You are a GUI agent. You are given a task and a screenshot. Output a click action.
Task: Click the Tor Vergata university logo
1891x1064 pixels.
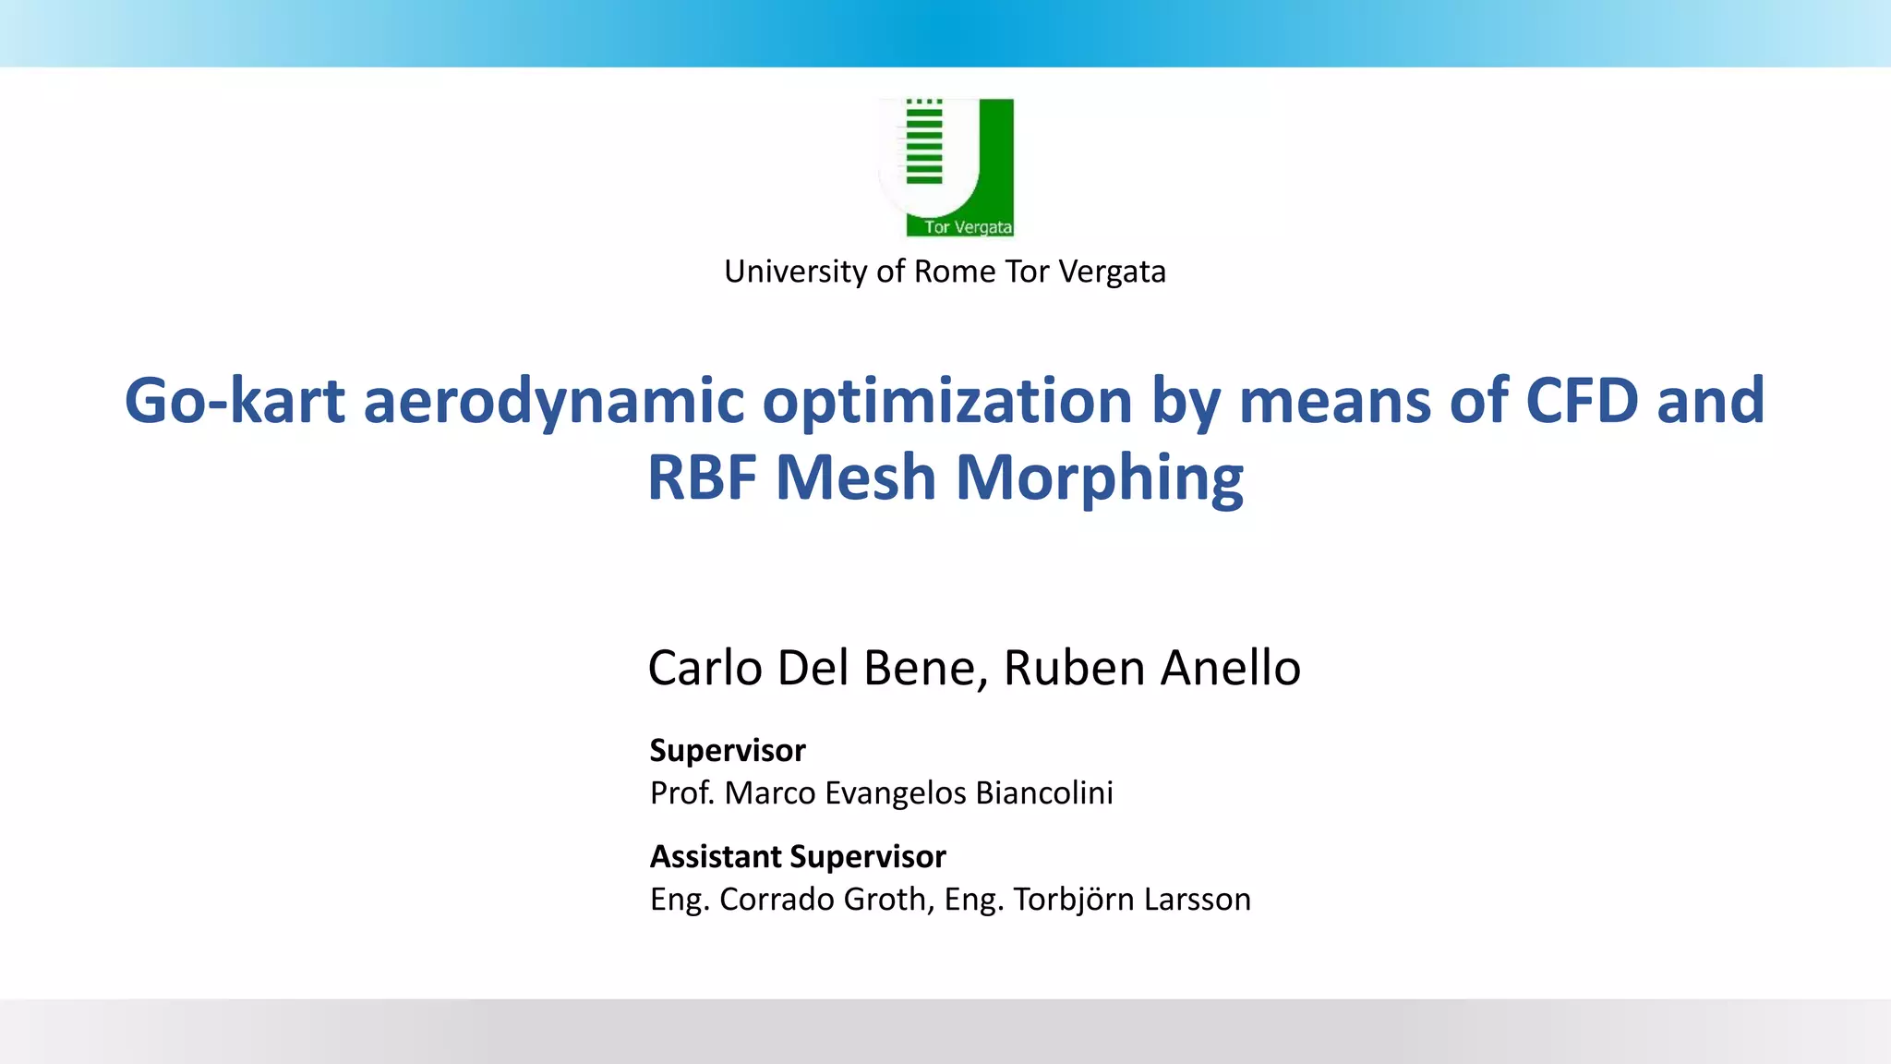[x=946, y=167]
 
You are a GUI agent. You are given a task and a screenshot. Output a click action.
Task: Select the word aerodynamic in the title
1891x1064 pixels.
[x=553, y=401]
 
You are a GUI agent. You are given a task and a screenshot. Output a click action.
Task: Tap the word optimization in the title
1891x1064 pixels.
[x=946, y=401]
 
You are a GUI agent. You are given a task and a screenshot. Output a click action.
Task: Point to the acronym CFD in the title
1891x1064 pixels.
[x=1581, y=401]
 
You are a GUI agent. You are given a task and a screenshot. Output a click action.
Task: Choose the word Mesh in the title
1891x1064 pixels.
[x=855, y=478]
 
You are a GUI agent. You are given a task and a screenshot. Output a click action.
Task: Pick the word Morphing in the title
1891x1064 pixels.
[x=1099, y=478]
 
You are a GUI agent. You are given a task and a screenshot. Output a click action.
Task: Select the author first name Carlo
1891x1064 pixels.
[x=705, y=668]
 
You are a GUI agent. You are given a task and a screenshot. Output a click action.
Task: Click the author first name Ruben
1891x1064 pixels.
[x=1074, y=668]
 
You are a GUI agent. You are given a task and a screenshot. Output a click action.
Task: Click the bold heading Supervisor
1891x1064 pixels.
[x=728, y=750]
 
